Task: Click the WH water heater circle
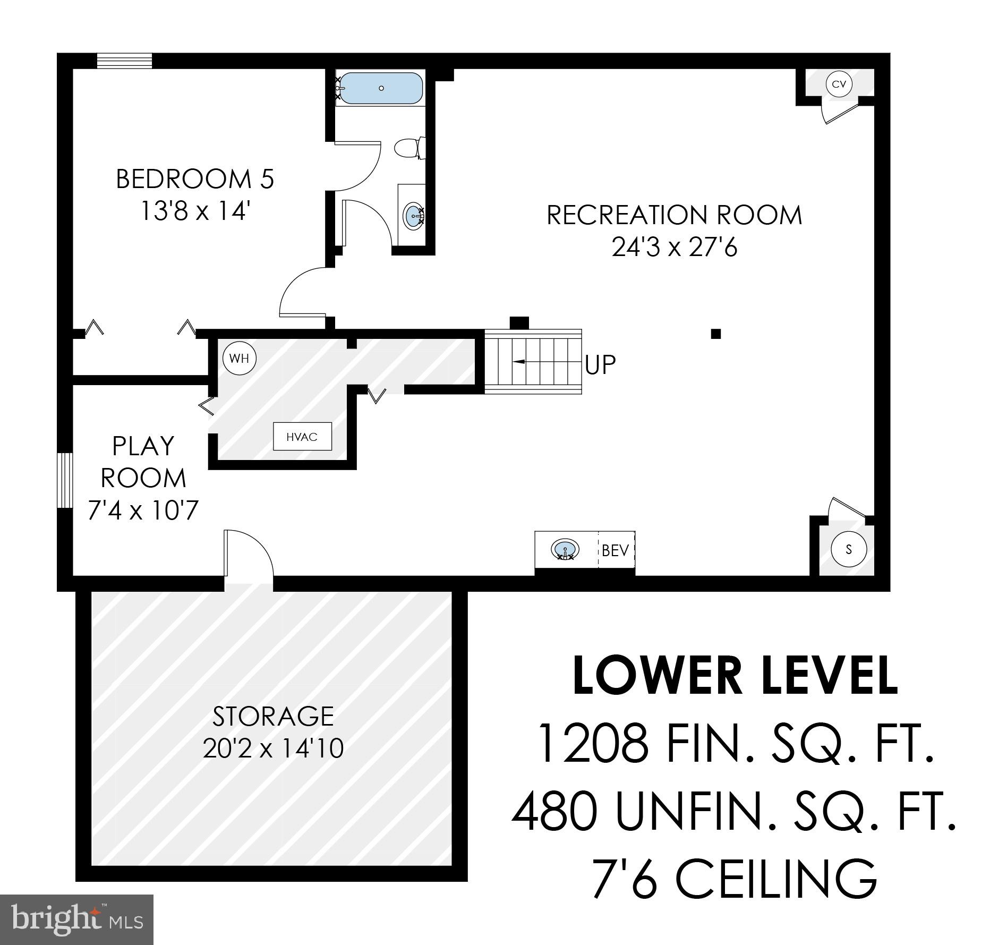239,358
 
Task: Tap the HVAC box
302,437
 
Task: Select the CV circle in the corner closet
839,84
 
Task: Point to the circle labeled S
849,549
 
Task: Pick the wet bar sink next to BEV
565,549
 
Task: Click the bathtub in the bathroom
381,88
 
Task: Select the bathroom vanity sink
414,216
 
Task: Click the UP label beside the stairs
600,364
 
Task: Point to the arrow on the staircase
518,361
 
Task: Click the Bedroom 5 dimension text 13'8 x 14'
195,211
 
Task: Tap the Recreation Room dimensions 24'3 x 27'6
674,246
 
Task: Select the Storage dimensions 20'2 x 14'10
273,748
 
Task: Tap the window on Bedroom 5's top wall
124,61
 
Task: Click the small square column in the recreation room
715,334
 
